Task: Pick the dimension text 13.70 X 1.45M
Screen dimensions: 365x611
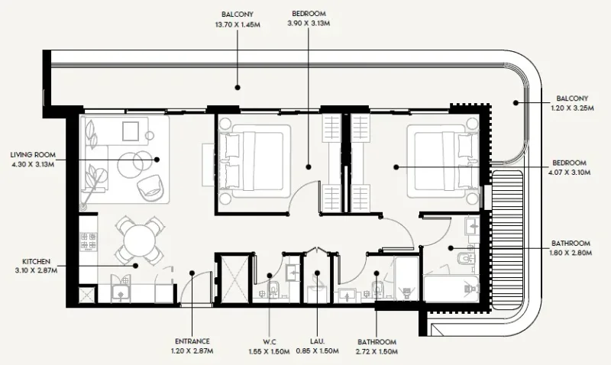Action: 238,24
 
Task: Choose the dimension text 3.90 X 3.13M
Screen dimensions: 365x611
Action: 308,24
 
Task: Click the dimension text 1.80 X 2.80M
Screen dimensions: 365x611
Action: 569,255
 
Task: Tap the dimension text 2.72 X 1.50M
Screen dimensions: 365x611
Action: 376,353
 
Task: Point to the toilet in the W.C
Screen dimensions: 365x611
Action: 271,290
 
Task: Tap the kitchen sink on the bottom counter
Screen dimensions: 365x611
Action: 121,289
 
